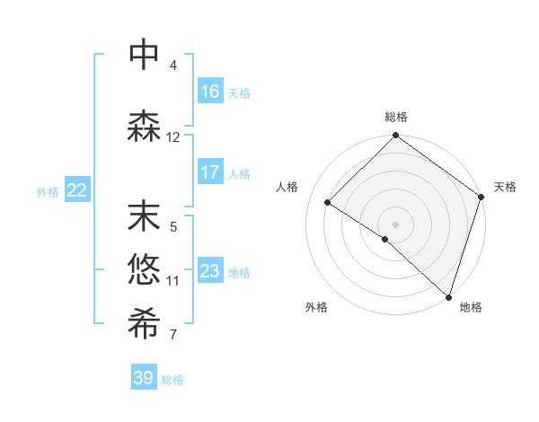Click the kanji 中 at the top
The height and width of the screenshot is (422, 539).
click(x=144, y=56)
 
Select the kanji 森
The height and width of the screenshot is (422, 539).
click(x=144, y=127)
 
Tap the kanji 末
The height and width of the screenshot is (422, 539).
click(x=144, y=217)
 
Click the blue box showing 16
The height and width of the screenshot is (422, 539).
click(x=210, y=92)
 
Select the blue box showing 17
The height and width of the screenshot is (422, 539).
click(x=210, y=173)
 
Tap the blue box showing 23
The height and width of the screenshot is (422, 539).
click(x=210, y=272)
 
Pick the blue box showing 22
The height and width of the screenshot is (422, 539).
click(x=77, y=190)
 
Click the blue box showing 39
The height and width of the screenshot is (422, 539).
click(x=144, y=378)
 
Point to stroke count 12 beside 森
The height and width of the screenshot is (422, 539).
click(x=173, y=137)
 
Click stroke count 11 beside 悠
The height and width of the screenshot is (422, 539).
click(x=173, y=280)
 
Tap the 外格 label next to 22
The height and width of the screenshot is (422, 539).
click(x=48, y=191)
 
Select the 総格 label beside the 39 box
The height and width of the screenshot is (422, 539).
click(x=173, y=380)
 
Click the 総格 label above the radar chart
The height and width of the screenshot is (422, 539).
click(x=395, y=118)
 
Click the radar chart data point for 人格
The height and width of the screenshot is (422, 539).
click(x=329, y=202)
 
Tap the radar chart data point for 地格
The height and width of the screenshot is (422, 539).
click(x=447, y=295)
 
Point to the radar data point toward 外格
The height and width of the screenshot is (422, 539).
click(x=385, y=239)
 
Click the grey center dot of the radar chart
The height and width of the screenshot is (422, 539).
click(x=395, y=224)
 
